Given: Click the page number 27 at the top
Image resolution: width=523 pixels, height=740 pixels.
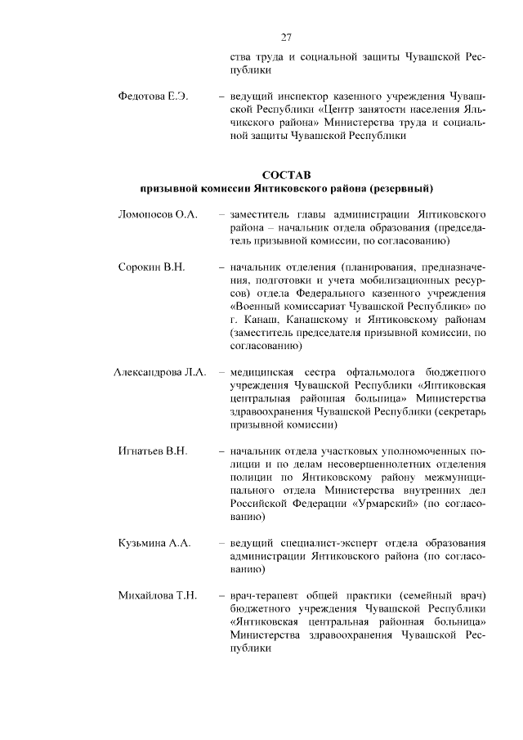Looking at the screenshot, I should (286, 37).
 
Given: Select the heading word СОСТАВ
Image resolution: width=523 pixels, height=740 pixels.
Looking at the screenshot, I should (286, 175).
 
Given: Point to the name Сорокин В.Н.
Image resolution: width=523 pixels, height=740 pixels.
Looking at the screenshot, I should (153, 267).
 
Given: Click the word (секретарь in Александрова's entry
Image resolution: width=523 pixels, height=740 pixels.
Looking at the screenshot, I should (462, 412).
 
